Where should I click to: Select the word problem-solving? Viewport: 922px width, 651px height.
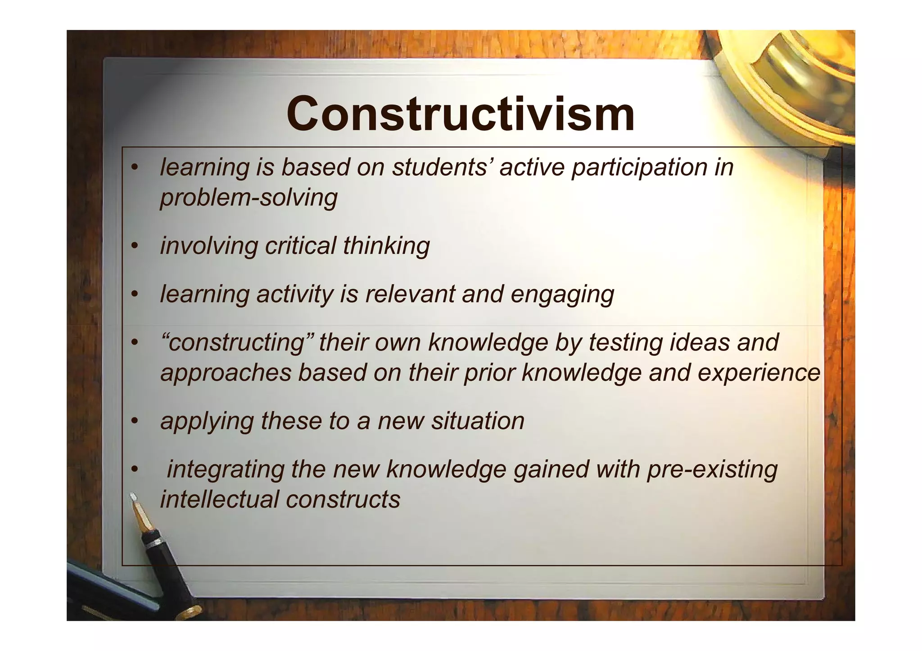(x=249, y=198)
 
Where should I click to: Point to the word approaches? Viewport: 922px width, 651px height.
(x=226, y=373)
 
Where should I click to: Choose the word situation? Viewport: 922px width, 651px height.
(x=478, y=421)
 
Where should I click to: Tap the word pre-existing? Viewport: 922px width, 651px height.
(x=712, y=469)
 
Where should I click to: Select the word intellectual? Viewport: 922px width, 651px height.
(x=219, y=499)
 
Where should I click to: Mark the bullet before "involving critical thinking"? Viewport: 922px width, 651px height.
(x=134, y=246)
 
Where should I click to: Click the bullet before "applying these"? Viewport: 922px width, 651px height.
(x=134, y=421)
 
